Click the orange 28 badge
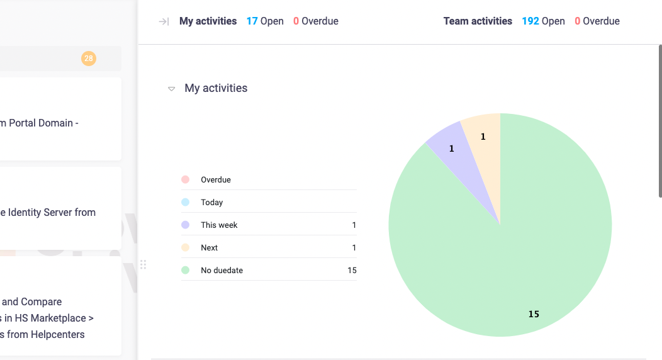(88, 59)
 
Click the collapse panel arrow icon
(164, 21)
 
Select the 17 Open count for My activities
(265, 21)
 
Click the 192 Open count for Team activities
(543, 21)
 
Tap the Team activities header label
(478, 21)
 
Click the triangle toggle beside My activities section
(171, 89)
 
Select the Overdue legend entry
(216, 180)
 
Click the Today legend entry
(212, 203)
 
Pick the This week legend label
(219, 225)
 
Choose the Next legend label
(210, 248)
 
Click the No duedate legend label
(222, 271)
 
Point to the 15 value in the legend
(352, 271)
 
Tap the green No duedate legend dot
(185, 271)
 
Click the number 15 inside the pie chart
(534, 314)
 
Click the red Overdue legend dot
(185, 180)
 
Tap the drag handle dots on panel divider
(143, 264)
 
